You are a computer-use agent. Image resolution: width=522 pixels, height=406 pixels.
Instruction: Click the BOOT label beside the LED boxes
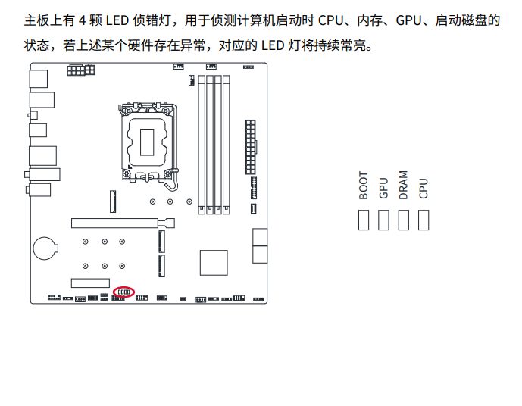click(x=364, y=185)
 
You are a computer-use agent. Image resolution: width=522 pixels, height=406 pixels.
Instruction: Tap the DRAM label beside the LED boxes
click(x=404, y=185)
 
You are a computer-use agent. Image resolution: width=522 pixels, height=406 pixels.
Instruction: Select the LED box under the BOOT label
click(x=364, y=220)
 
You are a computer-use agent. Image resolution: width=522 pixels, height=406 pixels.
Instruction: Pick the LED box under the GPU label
click(x=383, y=220)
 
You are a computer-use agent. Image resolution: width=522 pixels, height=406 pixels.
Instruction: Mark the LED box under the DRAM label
click(x=404, y=220)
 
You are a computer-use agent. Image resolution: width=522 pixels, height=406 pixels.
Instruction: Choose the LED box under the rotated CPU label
click(x=424, y=220)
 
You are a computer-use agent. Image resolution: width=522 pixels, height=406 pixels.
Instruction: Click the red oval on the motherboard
click(x=123, y=292)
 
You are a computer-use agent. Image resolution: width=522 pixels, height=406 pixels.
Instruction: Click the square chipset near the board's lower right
click(x=214, y=262)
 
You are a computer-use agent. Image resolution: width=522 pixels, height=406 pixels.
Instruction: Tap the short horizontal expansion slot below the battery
click(x=90, y=283)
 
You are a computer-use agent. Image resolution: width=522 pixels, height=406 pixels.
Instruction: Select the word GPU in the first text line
click(x=410, y=20)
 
